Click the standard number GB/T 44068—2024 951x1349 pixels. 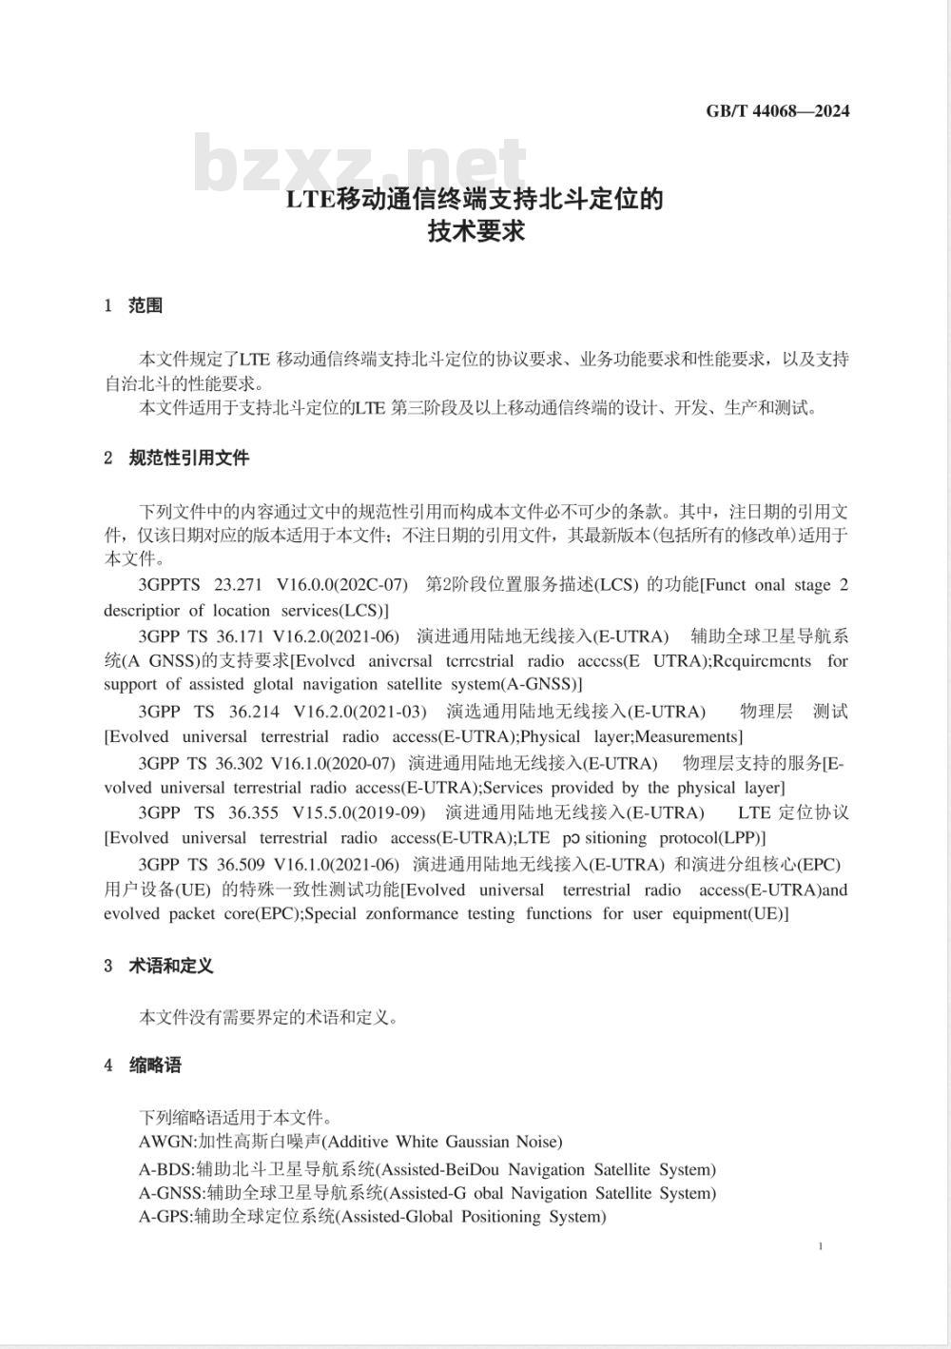pyautogui.click(x=777, y=111)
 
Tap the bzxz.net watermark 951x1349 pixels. pyautogui.click(x=359, y=165)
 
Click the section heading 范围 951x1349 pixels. pyautogui.click(x=146, y=305)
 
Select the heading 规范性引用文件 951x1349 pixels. pyautogui.click(x=189, y=458)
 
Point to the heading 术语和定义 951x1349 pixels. pyautogui.click(x=171, y=966)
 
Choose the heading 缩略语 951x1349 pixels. pyautogui.click(x=155, y=1066)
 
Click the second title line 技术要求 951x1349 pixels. pyautogui.click(x=475, y=230)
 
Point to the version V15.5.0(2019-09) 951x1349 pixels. pyautogui.click(x=359, y=812)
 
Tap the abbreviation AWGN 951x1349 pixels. pyautogui.click(x=165, y=1142)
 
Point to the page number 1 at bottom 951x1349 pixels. pyautogui.click(x=820, y=1246)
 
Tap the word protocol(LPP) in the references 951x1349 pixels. pyautogui.click(x=712, y=838)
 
